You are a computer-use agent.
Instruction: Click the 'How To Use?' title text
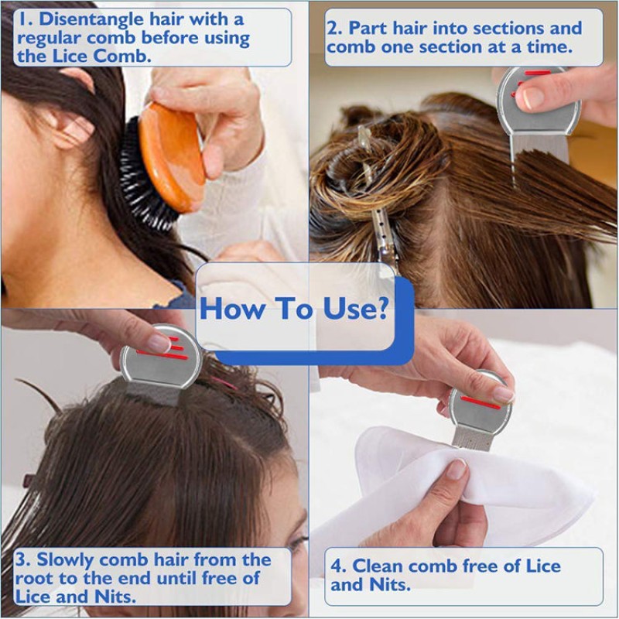[x=294, y=309]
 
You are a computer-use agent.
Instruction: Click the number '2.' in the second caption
[x=335, y=29]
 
